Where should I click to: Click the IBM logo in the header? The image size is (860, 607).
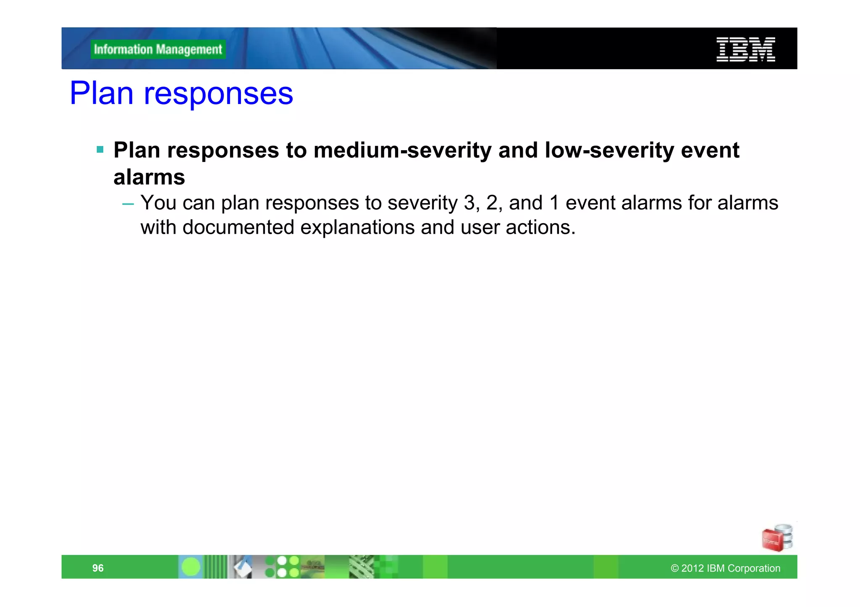[x=745, y=49]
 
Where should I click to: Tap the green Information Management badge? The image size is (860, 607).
[x=158, y=49]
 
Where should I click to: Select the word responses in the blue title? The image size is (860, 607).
[x=218, y=94]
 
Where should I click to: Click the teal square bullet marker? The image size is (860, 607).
[x=100, y=149]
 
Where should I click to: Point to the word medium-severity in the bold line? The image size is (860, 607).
[x=402, y=150]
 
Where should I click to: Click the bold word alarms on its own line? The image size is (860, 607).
[x=149, y=177]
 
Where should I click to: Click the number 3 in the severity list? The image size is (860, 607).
[x=469, y=203]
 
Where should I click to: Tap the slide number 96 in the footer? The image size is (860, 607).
[x=98, y=568]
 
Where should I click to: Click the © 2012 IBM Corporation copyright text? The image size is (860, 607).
[x=725, y=568]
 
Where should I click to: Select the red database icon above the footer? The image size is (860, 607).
[x=777, y=538]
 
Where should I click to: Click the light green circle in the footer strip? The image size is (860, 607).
[x=191, y=567]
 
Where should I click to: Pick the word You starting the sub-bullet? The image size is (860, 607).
[x=158, y=203]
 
